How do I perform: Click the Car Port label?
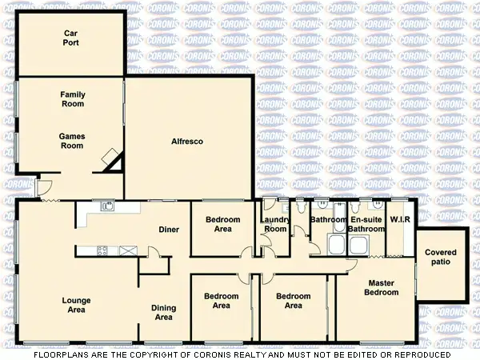(71, 38)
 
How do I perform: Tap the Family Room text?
(72, 99)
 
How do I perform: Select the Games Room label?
(72, 141)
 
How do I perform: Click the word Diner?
(168, 230)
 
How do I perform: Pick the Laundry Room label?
(274, 224)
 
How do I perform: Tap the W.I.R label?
(398, 219)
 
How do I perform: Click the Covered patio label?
(441, 258)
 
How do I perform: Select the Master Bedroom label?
(382, 287)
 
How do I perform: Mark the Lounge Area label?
(78, 305)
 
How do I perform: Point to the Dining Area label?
(163, 313)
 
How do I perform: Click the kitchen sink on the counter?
(106, 207)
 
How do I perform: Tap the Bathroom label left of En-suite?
(328, 219)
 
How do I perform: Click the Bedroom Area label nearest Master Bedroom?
(294, 301)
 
